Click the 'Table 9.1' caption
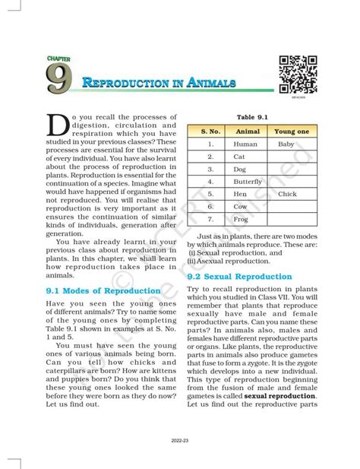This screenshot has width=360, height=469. click(x=251, y=117)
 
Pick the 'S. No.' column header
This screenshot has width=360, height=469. click(x=210, y=131)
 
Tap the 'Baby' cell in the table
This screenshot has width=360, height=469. click(x=286, y=144)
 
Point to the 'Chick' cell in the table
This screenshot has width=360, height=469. click(x=287, y=194)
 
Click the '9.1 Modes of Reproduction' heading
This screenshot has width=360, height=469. click(x=95, y=291)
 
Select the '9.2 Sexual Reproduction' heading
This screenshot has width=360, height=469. click(x=238, y=277)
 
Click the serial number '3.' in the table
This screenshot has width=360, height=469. click(x=210, y=169)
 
